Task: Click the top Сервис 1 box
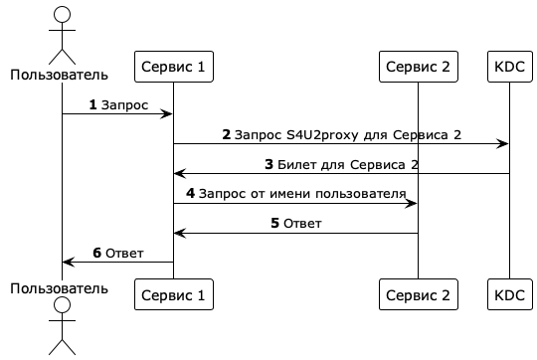[174, 68]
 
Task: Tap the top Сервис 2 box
[418, 68]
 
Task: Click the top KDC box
[509, 68]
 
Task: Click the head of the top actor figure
[62, 14]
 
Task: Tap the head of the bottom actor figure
[62, 305]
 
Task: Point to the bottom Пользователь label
[62, 287]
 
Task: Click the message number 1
[93, 103]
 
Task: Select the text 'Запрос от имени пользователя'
[303, 193]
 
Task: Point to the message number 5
[274, 223]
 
